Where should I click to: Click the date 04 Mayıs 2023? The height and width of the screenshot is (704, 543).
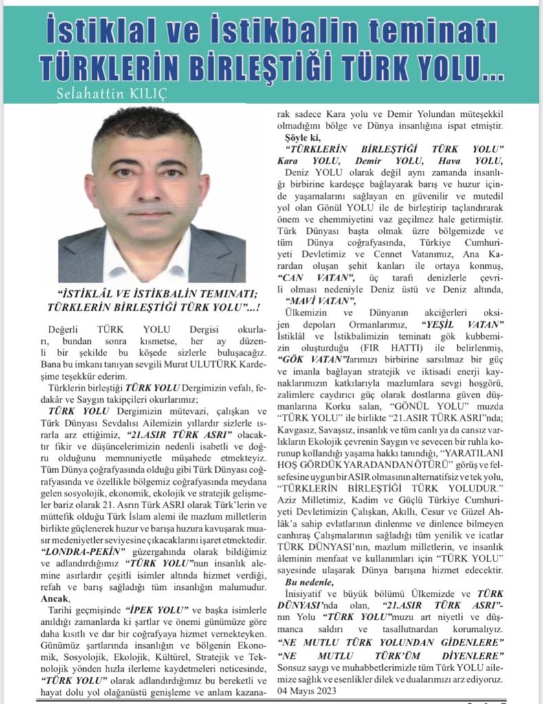(x=309, y=688)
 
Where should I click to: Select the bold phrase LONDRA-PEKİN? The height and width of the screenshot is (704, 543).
(x=83, y=552)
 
